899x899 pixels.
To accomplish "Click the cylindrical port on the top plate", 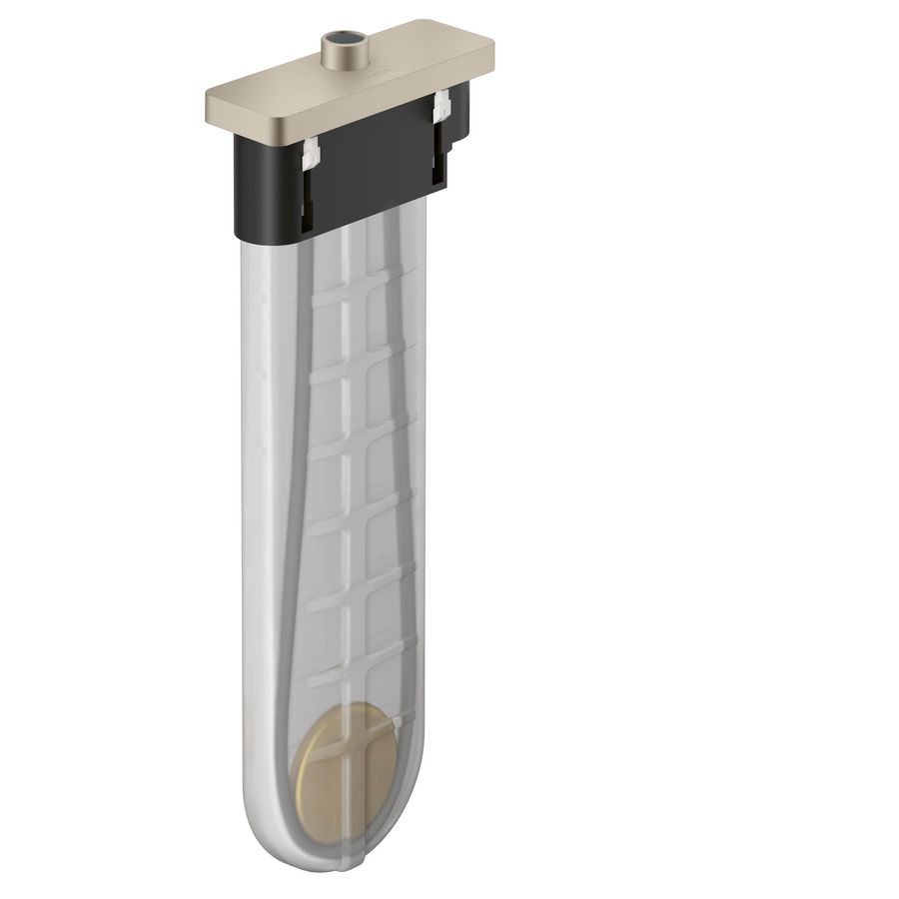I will coord(342,50).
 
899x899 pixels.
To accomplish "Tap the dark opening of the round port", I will coord(343,41).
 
